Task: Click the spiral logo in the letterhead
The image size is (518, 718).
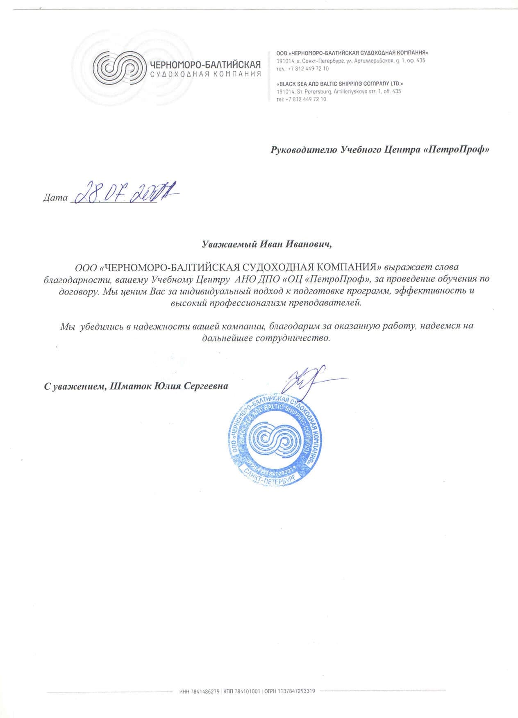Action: (x=119, y=68)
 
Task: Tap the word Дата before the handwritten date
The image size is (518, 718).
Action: (x=55, y=198)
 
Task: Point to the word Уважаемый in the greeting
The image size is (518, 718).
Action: (x=229, y=245)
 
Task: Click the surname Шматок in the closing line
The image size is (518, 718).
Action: (x=130, y=386)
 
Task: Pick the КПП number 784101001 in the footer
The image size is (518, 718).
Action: (x=247, y=691)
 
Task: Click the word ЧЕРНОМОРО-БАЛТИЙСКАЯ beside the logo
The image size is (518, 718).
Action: (x=205, y=65)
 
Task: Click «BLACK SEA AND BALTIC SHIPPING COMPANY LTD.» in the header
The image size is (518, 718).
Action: (x=340, y=84)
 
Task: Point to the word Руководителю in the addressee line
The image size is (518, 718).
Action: (x=304, y=150)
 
